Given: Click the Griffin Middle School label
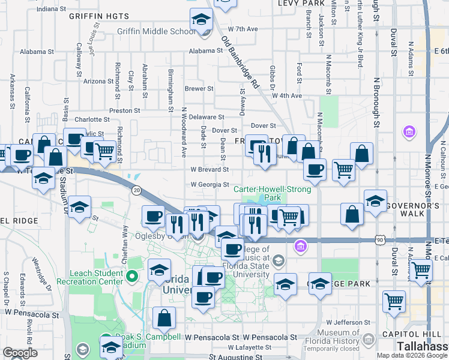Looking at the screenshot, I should point(152,32).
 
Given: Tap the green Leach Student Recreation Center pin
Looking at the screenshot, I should point(133,277).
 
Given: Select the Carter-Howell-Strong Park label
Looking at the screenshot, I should point(273,193).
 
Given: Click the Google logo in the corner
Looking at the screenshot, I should point(20,353).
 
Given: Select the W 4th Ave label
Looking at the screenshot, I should point(286,95).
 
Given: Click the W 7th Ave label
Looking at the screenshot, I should point(243,29).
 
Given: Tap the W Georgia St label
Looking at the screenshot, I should point(210,185).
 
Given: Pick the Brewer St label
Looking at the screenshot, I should point(199,88).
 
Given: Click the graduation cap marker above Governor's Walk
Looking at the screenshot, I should point(375,201).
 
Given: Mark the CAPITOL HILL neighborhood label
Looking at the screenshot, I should point(421,334).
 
